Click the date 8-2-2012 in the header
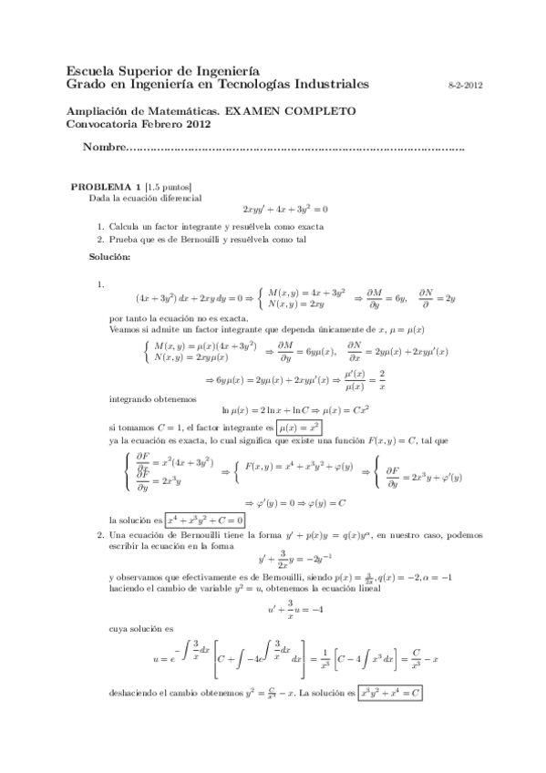click(466, 85)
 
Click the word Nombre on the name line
click(102, 148)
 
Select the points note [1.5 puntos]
click(169, 186)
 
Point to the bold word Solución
click(109, 258)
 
